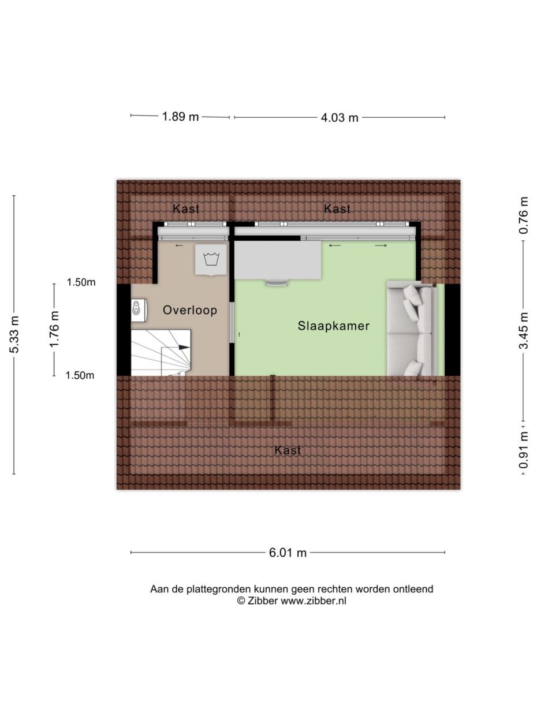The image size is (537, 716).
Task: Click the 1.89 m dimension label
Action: click(x=180, y=117)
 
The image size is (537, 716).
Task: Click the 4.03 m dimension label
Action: click(x=339, y=118)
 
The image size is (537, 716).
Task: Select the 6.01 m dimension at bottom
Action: click(x=288, y=553)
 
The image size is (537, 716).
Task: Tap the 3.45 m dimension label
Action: click(x=524, y=330)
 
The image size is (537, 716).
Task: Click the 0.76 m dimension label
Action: click(x=524, y=215)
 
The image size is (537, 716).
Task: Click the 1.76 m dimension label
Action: click(x=54, y=329)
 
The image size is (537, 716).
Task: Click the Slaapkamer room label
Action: click(x=333, y=326)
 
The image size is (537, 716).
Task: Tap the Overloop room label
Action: click(x=189, y=310)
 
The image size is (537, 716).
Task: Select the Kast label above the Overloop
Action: click(x=186, y=209)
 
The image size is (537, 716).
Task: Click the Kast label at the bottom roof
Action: click(x=288, y=450)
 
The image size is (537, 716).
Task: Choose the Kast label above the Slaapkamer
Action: click(x=337, y=209)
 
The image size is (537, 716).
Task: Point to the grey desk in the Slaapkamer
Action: click(x=278, y=260)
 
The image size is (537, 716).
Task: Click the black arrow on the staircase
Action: click(x=183, y=347)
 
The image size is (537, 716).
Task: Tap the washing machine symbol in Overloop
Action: click(x=211, y=260)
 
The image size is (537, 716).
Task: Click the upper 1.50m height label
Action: click(x=81, y=282)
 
